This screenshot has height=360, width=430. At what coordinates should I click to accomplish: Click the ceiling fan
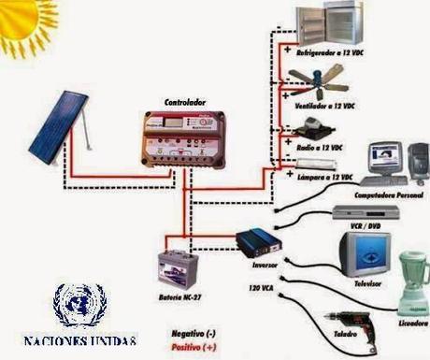pyautogui.click(x=322, y=89)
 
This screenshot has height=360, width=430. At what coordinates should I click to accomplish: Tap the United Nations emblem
pyautogui.click(x=79, y=303)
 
